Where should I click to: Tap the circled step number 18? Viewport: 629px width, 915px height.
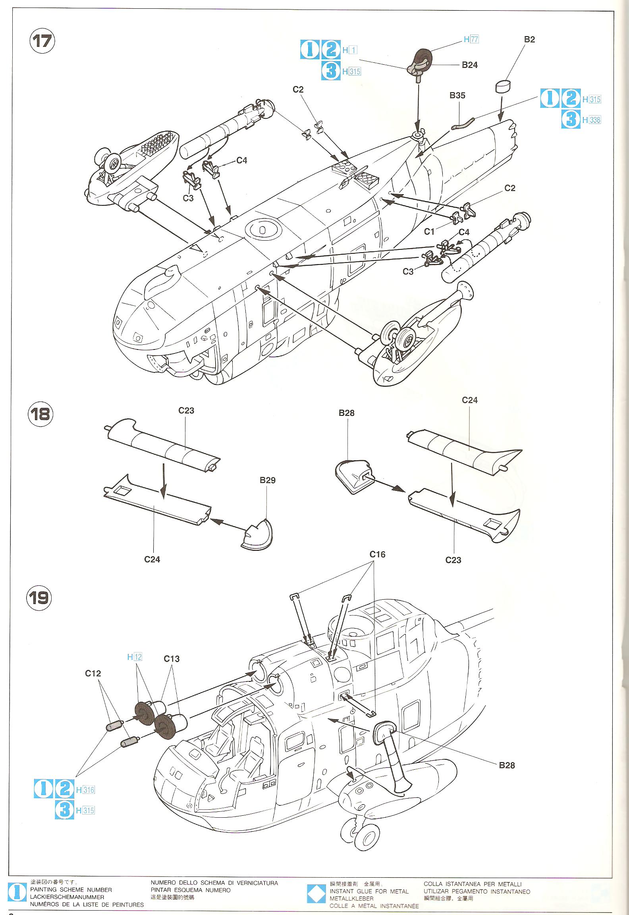pos(40,414)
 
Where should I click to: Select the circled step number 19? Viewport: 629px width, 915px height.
pos(39,598)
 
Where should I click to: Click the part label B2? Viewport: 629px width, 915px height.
pos(529,39)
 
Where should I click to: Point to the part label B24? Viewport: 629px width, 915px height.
pos(469,65)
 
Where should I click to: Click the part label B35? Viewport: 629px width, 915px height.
pos(457,95)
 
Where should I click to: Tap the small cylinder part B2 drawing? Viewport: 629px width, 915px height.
pos(503,86)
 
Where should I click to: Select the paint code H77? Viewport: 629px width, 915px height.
pos(471,39)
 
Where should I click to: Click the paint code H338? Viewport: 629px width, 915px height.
pos(592,120)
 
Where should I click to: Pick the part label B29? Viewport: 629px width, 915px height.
pos(267,480)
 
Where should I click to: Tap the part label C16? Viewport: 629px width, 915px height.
pos(377,554)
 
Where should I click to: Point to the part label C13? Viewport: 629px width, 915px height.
pos(172,659)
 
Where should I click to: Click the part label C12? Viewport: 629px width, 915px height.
pos(93,673)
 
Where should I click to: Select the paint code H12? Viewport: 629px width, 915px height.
pos(135,657)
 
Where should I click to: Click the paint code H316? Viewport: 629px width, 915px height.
pos(86,790)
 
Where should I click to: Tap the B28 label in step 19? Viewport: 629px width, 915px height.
pos(507,765)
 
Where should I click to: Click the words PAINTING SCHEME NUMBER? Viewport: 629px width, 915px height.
pos(71,890)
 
